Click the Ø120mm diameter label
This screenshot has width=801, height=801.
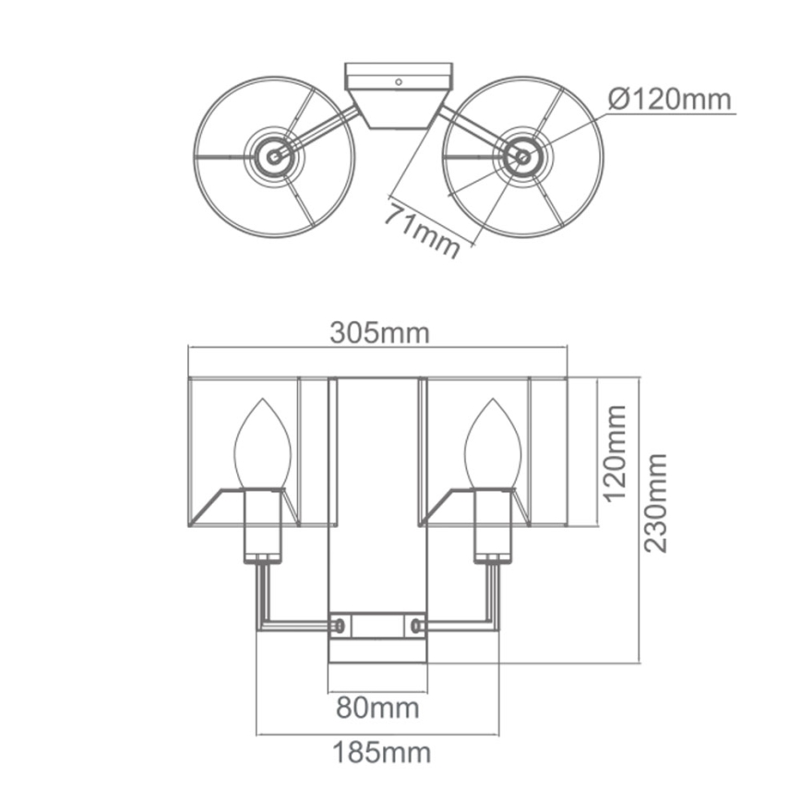[670, 98]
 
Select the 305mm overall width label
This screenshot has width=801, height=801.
[379, 333]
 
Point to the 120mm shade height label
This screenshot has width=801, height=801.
[614, 451]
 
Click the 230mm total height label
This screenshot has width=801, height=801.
[656, 503]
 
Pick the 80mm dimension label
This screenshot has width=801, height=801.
[377, 708]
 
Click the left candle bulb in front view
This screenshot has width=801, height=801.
[263, 445]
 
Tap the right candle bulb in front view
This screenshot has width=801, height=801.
[494, 445]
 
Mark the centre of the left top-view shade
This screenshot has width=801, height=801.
[274, 157]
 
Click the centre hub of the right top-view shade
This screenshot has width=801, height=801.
[522, 157]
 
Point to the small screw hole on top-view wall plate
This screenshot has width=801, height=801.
[399, 82]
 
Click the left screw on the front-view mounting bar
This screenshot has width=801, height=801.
[340, 626]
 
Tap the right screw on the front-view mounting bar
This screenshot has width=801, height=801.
[417, 626]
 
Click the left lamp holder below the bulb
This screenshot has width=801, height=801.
[263, 526]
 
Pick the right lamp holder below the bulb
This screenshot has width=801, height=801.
[494, 526]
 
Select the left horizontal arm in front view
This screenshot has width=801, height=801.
[295, 626]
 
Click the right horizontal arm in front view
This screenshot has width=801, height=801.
[461, 626]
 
